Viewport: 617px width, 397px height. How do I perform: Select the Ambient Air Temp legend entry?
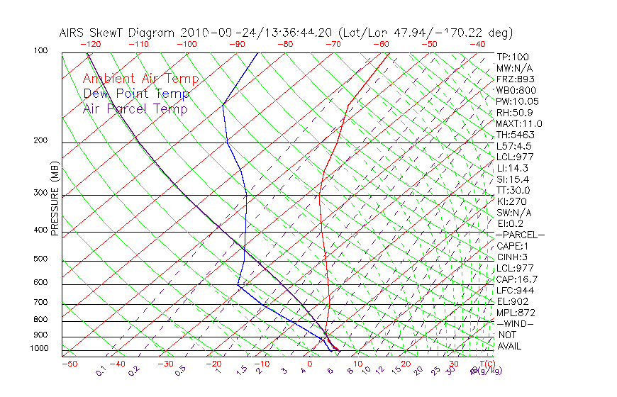pos(140,79)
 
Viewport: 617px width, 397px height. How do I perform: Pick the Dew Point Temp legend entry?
pos(136,94)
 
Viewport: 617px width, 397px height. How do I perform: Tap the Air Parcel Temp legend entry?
pos(135,109)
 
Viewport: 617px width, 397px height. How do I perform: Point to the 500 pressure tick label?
pos(40,259)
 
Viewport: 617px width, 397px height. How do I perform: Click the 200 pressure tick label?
pos(40,141)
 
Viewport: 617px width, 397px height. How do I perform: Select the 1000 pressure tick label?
pos(38,349)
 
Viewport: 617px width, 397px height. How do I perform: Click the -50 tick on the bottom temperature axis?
pos(70,364)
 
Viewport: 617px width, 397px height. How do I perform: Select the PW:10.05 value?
pos(516,101)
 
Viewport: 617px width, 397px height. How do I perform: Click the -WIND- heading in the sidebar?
pos(515,324)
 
